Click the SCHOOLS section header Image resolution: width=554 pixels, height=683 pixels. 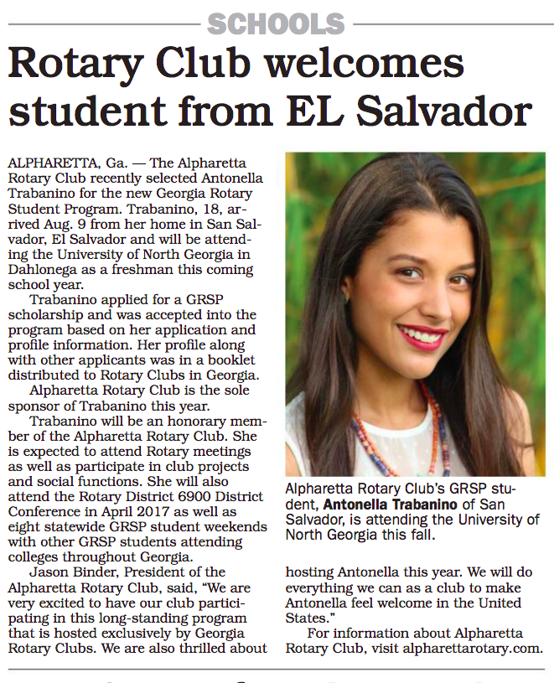tap(277, 23)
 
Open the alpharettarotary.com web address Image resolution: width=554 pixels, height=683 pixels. tap(473, 648)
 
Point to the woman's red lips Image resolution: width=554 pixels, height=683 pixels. tap(422, 337)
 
